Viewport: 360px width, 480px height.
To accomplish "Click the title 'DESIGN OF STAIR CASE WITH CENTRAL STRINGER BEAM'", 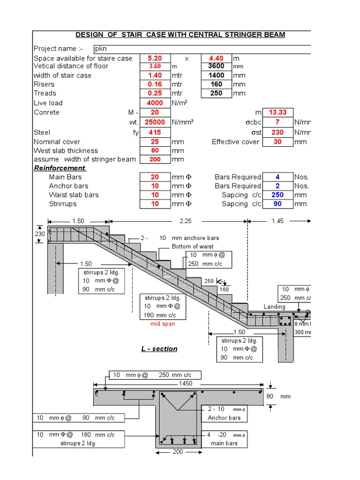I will click(180, 35).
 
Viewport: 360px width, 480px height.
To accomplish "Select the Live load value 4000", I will click(155, 103).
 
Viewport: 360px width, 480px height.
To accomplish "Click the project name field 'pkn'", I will click(100, 49).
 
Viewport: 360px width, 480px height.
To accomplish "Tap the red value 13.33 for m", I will click(278, 112).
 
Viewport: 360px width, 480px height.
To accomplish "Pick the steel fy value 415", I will click(155, 133).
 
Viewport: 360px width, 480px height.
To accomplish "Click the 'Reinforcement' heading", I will click(60, 168).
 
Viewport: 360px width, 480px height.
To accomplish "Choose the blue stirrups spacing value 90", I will click(278, 204).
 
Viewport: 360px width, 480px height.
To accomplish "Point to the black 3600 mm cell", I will click(216, 66).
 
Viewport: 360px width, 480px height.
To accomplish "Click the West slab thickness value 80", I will click(155, 150).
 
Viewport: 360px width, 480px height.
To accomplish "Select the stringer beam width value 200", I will click(155, 159).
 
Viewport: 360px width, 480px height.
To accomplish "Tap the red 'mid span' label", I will click(162, 324).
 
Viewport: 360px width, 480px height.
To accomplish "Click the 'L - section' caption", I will click(159, 349).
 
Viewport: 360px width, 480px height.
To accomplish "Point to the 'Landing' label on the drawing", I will click(274, 307).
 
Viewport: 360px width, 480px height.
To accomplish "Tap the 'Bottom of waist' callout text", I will click(192, 247).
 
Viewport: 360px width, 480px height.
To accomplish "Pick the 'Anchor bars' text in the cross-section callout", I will click(224, 418).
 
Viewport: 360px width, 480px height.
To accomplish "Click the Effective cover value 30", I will click(278, 142).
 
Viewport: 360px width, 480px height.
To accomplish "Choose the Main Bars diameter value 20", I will click(155, 177).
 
